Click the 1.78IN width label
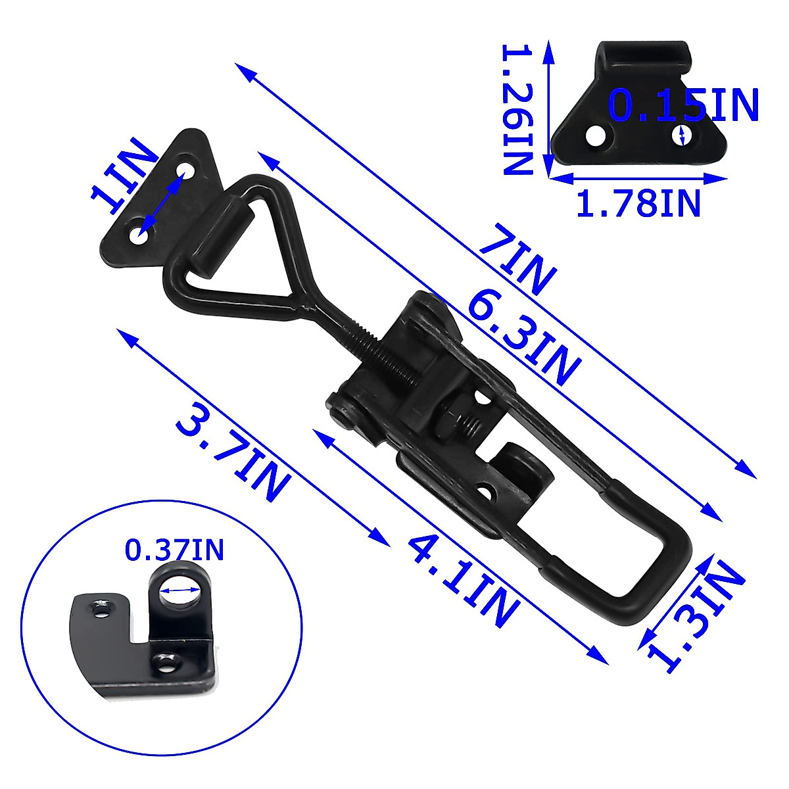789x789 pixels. (638, 203)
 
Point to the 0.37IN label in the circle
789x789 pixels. (174, 550)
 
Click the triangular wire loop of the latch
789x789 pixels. (250, 250)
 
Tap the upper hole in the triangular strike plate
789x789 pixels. (187, 171)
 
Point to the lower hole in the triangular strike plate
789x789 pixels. (137, 235)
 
